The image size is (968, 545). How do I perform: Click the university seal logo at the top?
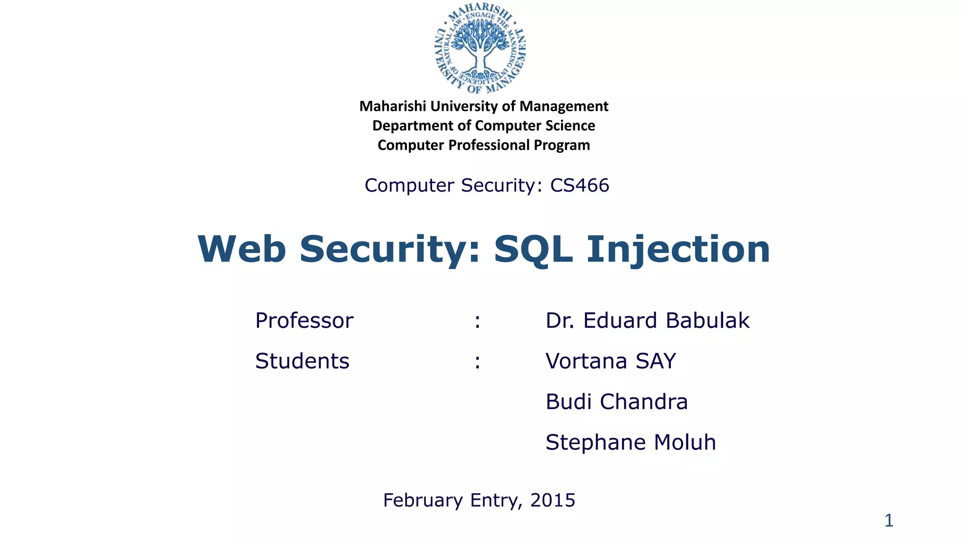(480, 49)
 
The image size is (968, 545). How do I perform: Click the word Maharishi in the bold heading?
(393, 106)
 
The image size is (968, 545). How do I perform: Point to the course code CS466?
(579, 185)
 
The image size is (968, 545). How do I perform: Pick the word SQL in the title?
(533, 249)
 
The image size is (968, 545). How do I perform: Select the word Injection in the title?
(678, 249)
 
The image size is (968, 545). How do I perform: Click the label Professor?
(304, 321)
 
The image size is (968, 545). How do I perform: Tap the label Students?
(302, 361)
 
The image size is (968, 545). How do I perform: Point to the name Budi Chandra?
(616, 402)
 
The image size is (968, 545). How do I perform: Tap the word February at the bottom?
(423, 501)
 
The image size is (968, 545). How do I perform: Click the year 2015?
(553, 501)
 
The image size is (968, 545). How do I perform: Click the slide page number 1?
(889, 521)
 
